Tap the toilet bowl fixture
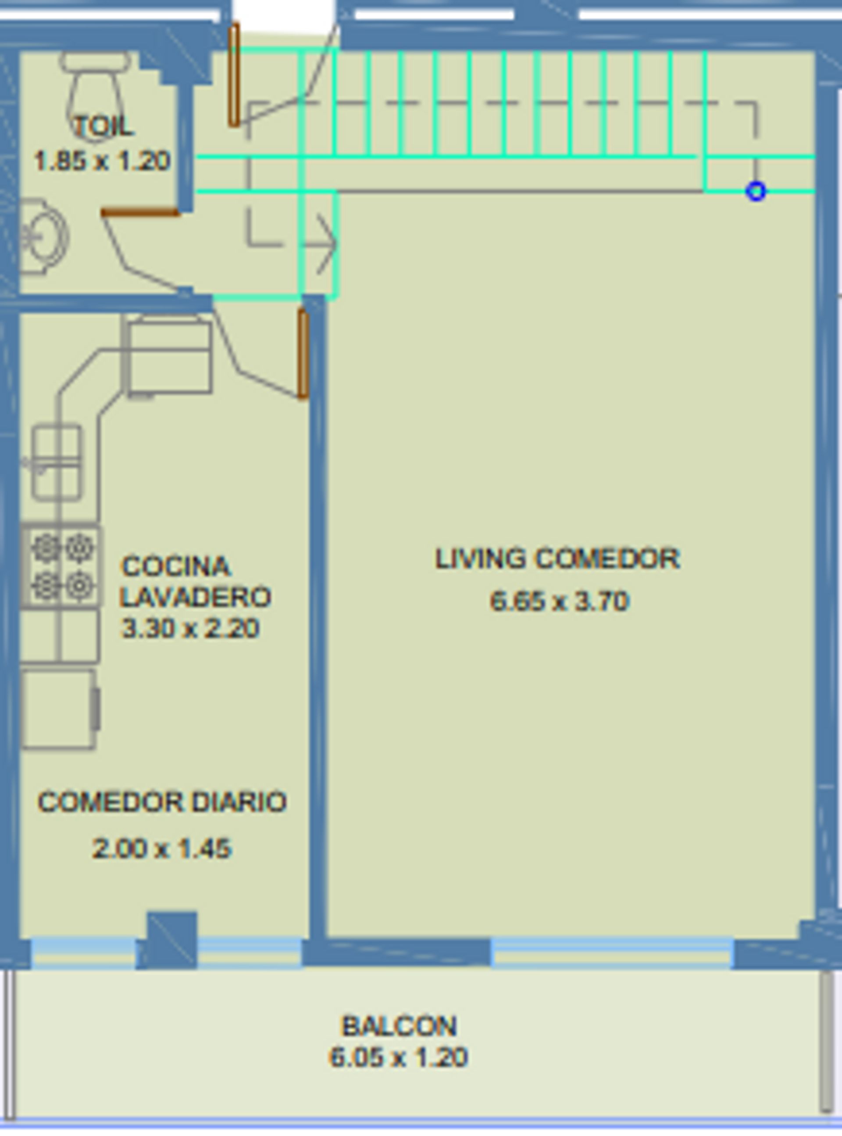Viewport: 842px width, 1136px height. tap(95, 92)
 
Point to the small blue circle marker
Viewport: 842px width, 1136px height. tap(756, 191)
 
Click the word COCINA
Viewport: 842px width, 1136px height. tap(176, 566)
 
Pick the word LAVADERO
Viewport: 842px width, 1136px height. tap(196, 597)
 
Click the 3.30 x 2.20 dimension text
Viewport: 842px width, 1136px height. tap(191, 628)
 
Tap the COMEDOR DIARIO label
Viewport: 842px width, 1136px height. tap(163, 802)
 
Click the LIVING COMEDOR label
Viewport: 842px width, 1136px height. tap(557, 558)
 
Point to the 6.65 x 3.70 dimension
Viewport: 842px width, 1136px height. tap(560, 601)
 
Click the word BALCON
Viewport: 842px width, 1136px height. tap(399, 1026)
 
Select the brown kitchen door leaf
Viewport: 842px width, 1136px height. tap(303, 354)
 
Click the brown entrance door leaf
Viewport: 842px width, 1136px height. tap(234, 75)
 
